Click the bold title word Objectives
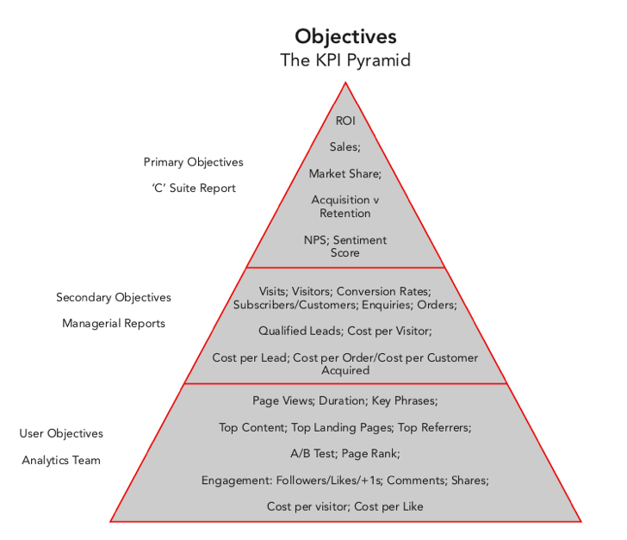pyautogui.click(x=345, y=36)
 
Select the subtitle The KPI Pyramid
pyautogui.click(x=345, y=60)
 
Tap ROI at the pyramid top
pyautogui.click(x=345, y=121)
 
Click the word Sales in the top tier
pyautogui.click(x=344, y=147)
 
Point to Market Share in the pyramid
pyautogui.click(x=344, y=173)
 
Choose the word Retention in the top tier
pyautogui.click(x=345, y=213)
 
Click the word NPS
pyautogui.click(x=315, y=239)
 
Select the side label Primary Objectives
pyautogui.click(x=193, y=162)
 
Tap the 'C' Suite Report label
pyautogui.click(x=193, y=188)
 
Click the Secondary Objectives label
pyautogui.click(x=114, y=297)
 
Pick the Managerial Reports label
pyautogui.click(x=114, y=324)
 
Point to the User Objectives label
pyautogui.click(x=61, y=433)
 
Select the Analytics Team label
pyautogui.click(x=61, y=460)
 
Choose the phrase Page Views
pyautogui.click(x=282, y=400)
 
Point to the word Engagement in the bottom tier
pyautogui.click(x=235, y=480)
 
